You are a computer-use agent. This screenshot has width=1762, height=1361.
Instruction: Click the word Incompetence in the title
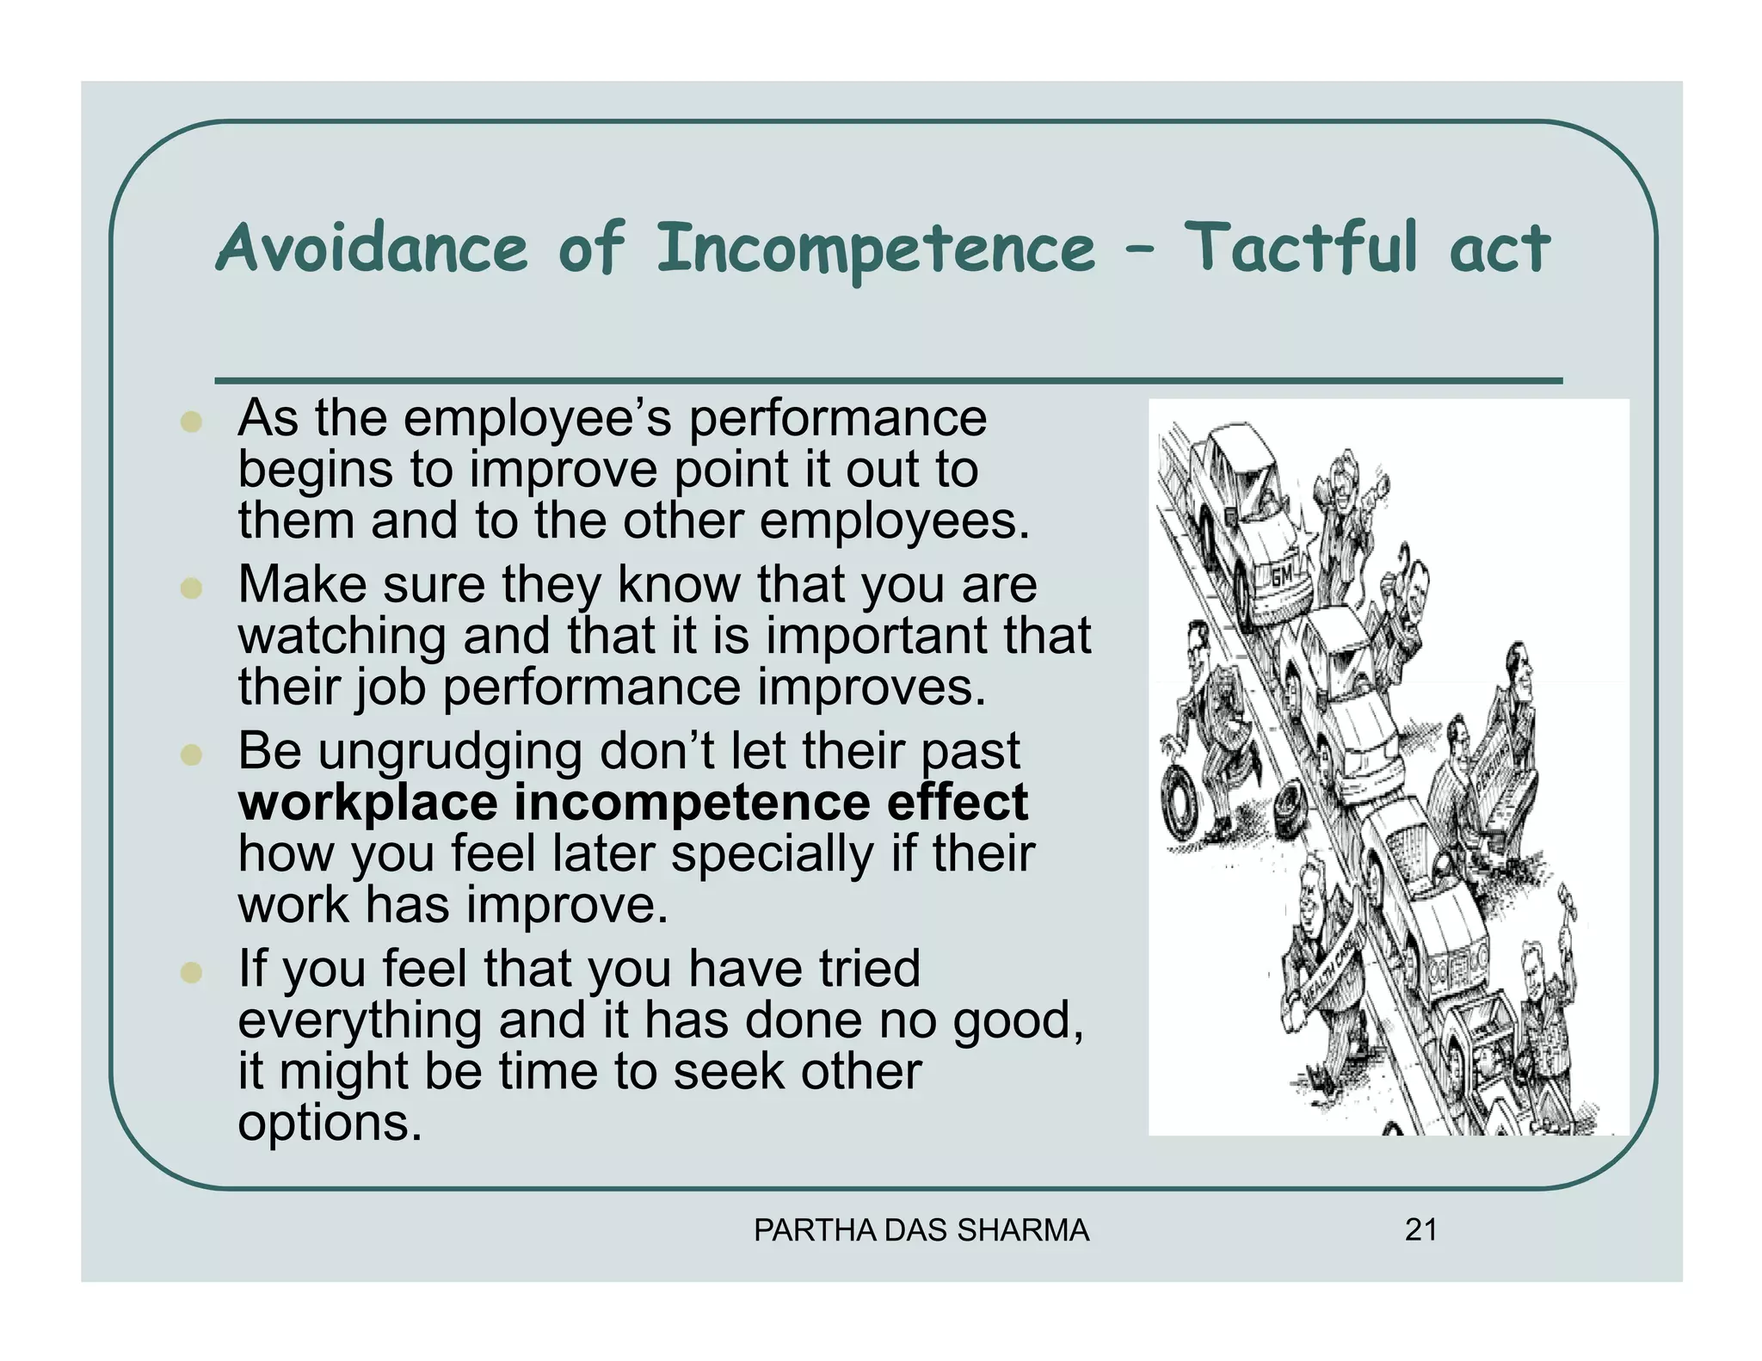875,249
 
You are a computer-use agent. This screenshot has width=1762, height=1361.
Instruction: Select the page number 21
1420,1230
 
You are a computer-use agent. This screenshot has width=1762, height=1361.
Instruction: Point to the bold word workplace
367,803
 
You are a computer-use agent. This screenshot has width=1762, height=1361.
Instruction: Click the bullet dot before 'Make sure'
191,588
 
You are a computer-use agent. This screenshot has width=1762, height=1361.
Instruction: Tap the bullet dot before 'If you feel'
191,972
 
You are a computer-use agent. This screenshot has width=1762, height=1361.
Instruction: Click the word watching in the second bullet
342,637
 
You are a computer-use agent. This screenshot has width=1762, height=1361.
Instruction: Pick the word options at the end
330,1123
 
